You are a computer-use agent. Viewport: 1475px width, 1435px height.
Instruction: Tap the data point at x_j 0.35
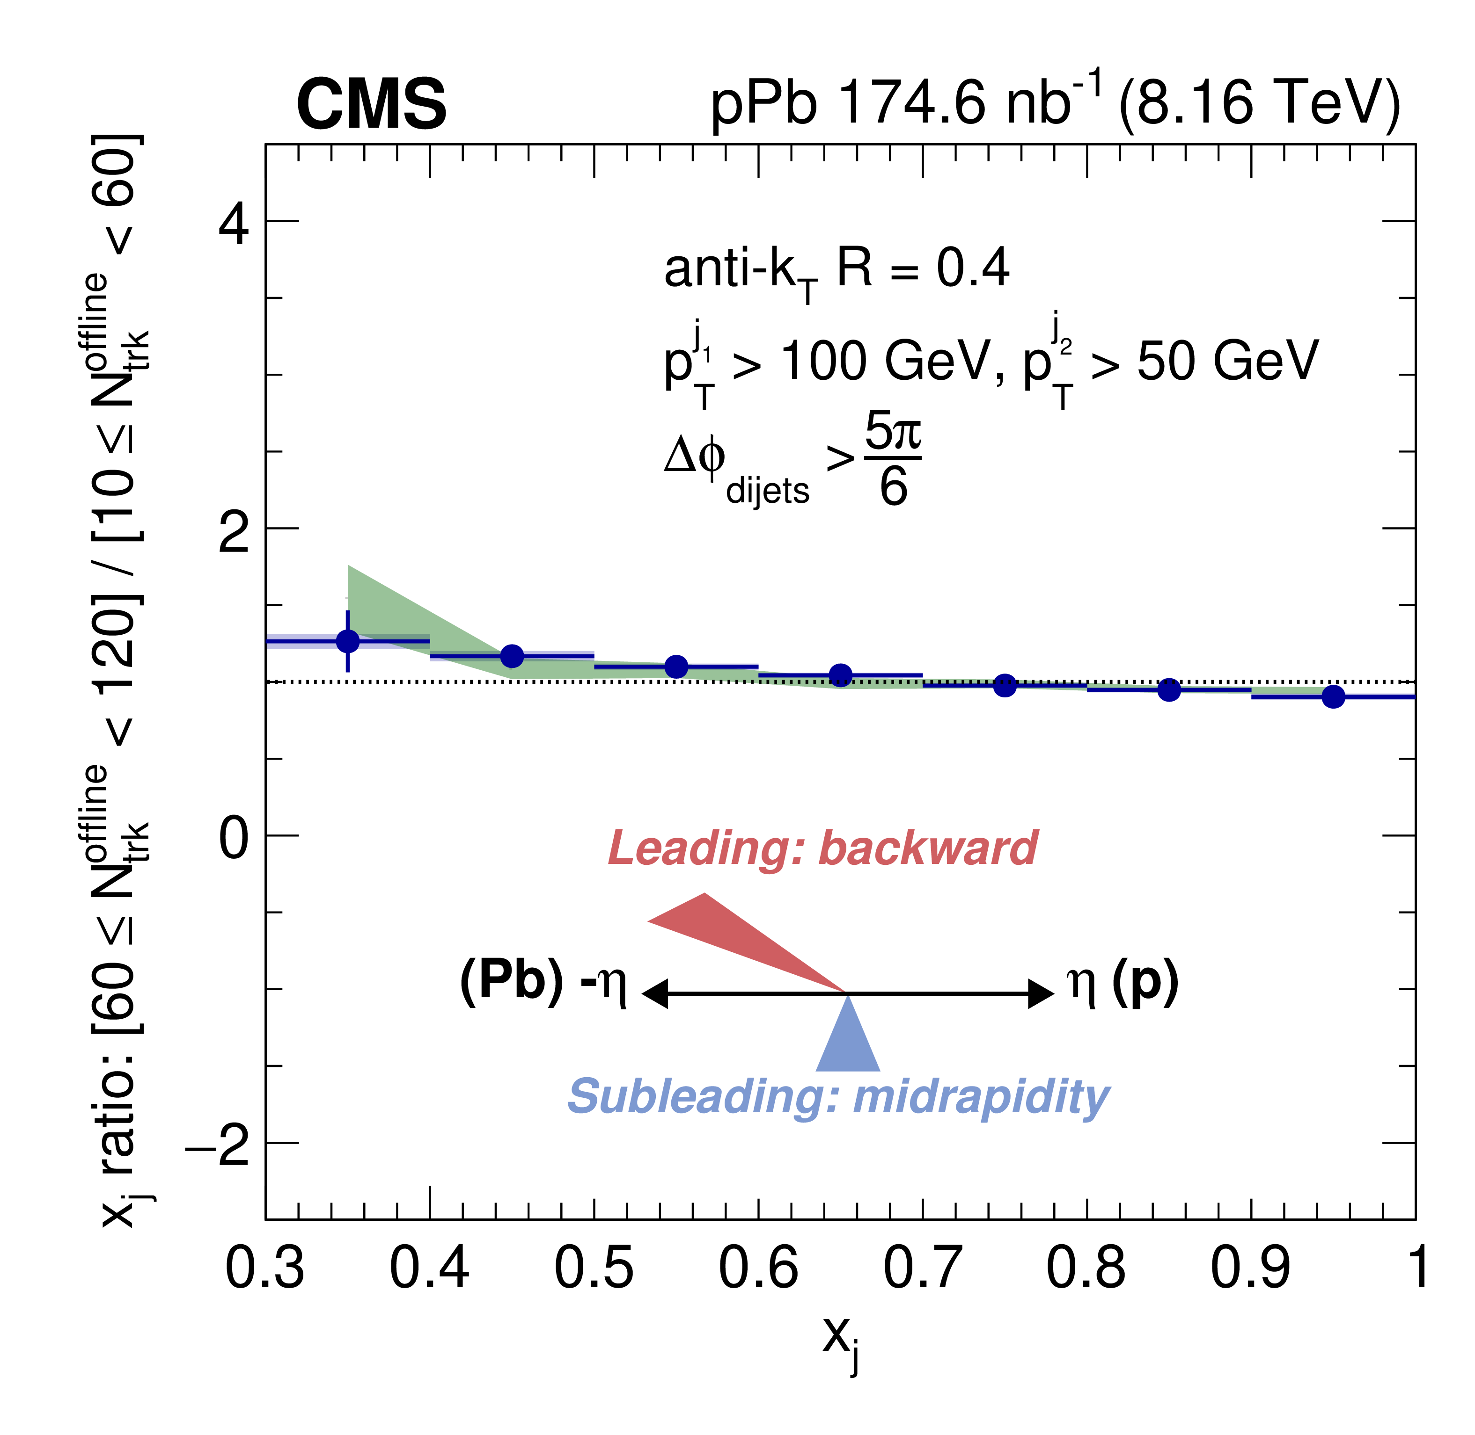[x=348, y=641]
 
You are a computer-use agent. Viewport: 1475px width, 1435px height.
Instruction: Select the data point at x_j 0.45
[x=512, y=656]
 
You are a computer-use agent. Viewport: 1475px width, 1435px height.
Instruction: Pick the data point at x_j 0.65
[x=841, y=675]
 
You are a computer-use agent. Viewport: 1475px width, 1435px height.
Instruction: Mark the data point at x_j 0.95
[x=1333, y=696]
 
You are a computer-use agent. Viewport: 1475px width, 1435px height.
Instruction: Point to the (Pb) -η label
[x=543, y=984]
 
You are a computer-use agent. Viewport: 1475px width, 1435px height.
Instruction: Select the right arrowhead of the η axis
[x=1042, y=994]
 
